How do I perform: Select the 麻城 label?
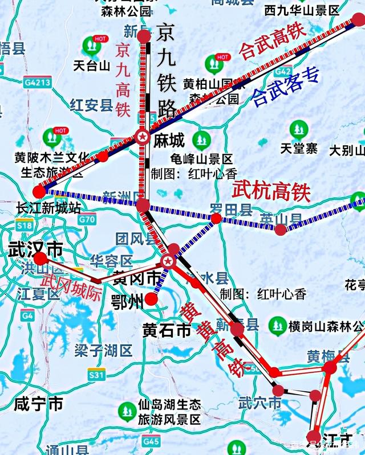point(169,140)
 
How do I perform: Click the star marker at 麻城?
point(143,137)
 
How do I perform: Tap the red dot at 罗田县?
point(216,218)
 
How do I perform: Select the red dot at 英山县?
point(281,229)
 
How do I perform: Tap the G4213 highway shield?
point(38,83)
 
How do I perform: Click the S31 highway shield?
point(97,375)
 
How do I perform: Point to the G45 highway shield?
point(151,441)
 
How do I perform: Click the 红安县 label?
point(91,105)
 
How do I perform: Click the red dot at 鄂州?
point(151,299)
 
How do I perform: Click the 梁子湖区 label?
point(103,350)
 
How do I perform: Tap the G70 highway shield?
point(87,219)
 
